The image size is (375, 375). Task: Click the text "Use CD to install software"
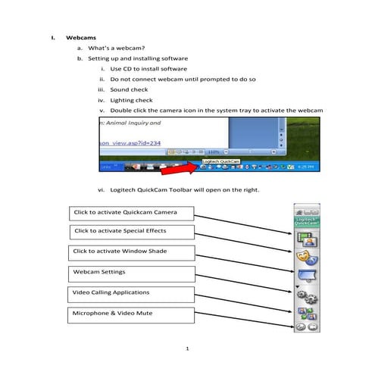(x=148, y=68)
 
